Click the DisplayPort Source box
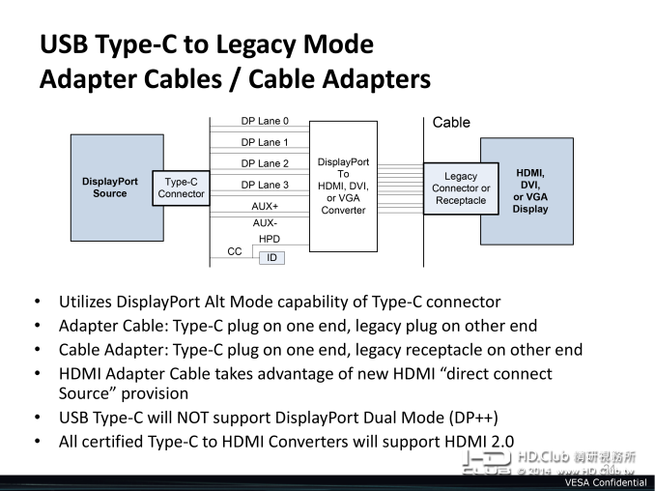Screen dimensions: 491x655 110,187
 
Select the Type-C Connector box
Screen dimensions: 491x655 181,187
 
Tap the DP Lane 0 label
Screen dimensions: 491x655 265,122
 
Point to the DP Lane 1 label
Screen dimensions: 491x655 265,142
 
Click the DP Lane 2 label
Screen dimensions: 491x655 265,163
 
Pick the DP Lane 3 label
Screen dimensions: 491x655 265,185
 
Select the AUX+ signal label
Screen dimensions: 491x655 265,206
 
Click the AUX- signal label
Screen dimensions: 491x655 265,222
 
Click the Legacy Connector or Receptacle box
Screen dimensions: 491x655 461,188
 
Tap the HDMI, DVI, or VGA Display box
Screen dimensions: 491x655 530,189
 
